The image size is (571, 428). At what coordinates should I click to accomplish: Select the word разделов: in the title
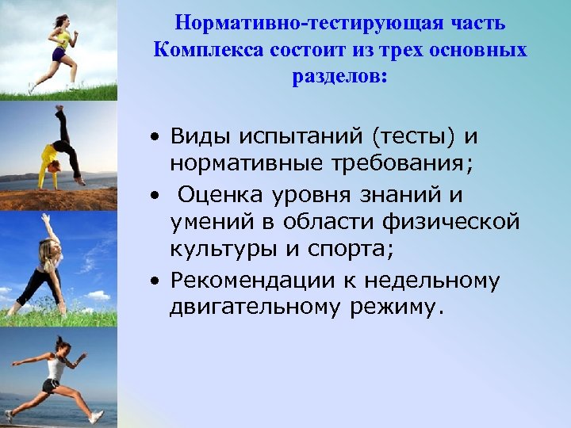339,78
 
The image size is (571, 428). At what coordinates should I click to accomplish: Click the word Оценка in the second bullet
217,194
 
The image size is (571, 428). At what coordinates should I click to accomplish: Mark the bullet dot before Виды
158,137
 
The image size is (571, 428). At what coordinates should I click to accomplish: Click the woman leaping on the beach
56,376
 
